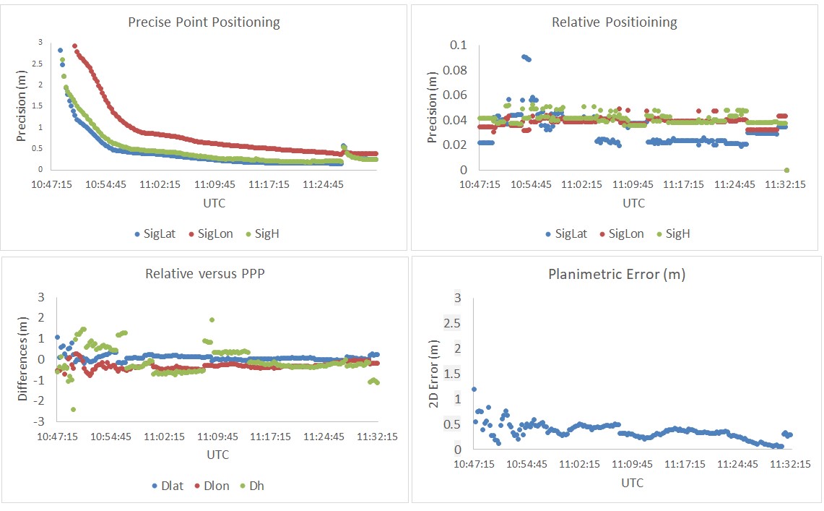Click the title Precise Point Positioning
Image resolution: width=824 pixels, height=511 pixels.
204,22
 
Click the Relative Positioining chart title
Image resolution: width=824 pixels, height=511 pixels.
614,22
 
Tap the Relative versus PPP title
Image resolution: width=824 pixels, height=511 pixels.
204,274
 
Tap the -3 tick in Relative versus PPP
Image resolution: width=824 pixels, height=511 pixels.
40,421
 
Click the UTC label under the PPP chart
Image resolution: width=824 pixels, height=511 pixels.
214,203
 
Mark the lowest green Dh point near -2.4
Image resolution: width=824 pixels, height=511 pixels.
74,409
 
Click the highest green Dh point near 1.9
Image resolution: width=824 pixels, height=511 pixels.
212,319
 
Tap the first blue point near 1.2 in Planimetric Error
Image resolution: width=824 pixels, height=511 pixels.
474,389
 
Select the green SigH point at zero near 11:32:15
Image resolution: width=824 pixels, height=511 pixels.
786,171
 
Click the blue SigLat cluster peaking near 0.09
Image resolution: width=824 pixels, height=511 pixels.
526,57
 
